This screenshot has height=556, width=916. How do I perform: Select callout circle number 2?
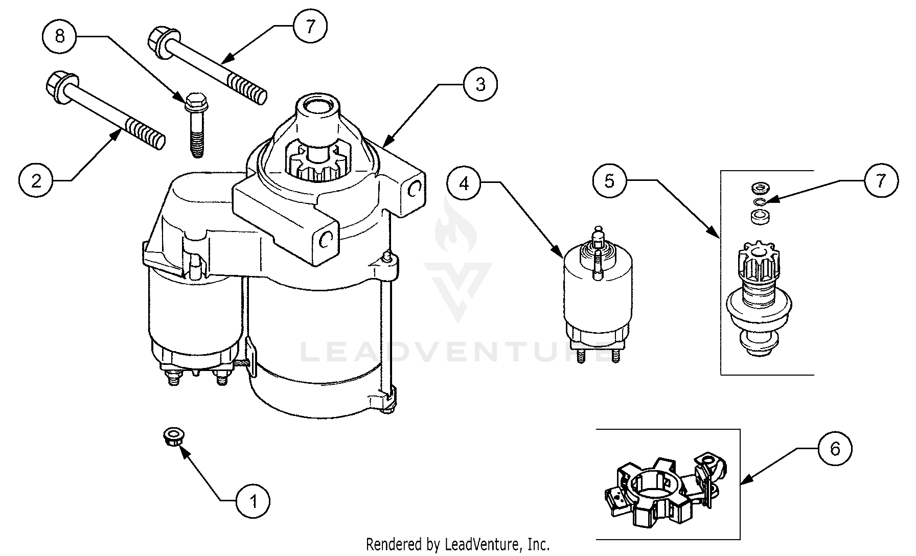click(x=36, y=180)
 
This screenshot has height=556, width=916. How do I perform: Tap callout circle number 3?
click(x=480, y=85)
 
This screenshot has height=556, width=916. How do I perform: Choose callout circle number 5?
click(x=609, y=180)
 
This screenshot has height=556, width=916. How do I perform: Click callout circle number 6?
click(x=835, y=449)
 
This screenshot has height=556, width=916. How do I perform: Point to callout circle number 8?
click(x=60, y=36)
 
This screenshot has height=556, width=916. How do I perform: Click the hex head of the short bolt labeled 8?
click(x=194, y=102)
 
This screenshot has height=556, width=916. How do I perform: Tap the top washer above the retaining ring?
click(x=757, y=189)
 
